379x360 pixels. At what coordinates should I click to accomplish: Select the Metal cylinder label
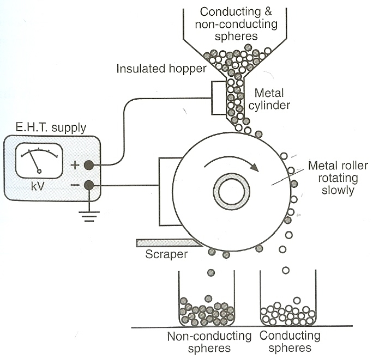click(x=272, y=99)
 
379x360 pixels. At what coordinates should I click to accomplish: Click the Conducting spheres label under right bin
click(x=286, y=341)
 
